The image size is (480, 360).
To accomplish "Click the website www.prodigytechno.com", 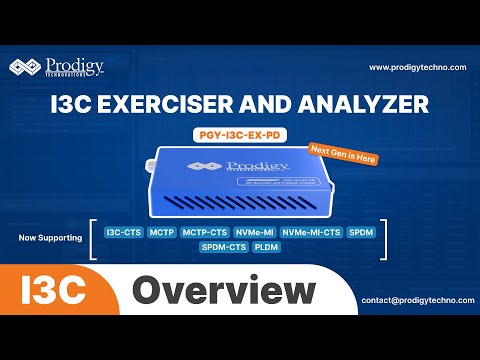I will (x=417, y=67).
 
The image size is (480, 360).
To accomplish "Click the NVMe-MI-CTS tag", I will (x=310, y=232).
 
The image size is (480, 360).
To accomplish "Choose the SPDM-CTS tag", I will (x=224, y=247).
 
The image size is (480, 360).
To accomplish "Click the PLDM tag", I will (x=267, y=247).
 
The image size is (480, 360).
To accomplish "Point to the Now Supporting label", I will (x=50, y=238).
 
